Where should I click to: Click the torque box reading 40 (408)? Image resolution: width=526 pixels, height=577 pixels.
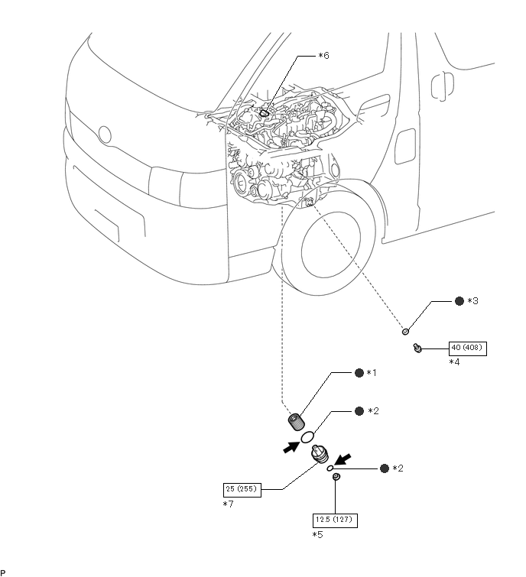point(467,348)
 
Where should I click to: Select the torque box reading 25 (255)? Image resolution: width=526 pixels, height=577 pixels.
point(242,490)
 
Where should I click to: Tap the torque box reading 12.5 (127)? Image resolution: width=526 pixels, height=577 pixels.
point(335,520)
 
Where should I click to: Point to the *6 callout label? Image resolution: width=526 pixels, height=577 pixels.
point(324,56)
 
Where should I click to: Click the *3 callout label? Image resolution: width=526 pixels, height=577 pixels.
point(473,301)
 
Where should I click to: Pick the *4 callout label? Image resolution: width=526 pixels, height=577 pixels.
point(455,362)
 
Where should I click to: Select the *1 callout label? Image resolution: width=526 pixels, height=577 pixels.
point(372,373)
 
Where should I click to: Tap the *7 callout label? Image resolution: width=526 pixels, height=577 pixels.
point(229,504)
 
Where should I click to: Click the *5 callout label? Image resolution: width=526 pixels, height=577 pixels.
point(317,535)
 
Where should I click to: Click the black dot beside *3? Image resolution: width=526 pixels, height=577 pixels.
point(459,301)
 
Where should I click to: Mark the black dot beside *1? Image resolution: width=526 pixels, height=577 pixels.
point(359,373)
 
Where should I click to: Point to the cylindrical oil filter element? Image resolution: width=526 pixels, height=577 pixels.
point(296,422)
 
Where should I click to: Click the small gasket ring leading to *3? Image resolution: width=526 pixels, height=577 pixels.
point(405,332)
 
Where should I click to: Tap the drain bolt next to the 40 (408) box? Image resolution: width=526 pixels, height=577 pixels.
point(417,348)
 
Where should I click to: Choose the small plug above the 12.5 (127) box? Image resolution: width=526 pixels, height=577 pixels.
point(336,477)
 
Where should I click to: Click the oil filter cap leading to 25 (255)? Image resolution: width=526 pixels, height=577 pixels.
point(319,454)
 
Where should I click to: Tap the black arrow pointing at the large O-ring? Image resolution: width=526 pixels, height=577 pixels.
point(291,447)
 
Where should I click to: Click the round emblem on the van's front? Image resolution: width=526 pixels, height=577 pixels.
point(105,135)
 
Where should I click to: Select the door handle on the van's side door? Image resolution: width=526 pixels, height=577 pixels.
point(443,86)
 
